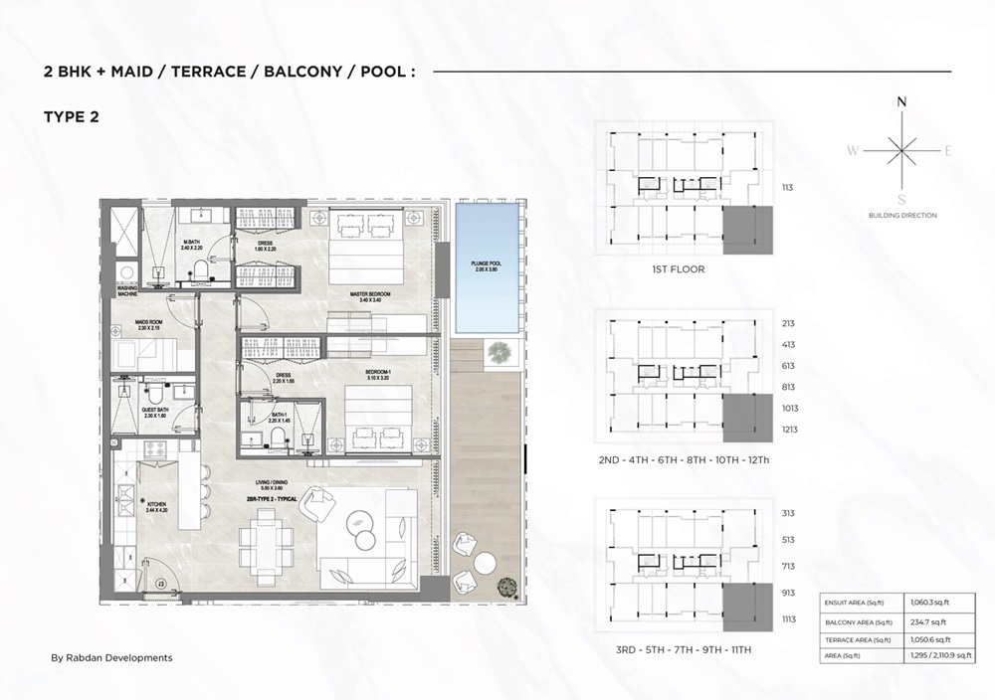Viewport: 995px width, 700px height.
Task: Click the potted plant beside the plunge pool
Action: pos(496,351)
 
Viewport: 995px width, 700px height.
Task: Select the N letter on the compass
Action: pos(901,101)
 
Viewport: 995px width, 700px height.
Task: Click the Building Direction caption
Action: pos(901,215)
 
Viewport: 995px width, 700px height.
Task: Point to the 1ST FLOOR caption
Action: pos(677,269)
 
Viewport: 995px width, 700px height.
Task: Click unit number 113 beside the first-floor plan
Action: pos(787,187)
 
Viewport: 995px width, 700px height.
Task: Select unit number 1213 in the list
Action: pos(790,430)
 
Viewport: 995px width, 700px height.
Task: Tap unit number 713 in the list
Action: pos(788,566)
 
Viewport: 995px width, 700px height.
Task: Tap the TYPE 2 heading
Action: pos(72,117)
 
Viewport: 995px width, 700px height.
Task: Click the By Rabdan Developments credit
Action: pos(111,657)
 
